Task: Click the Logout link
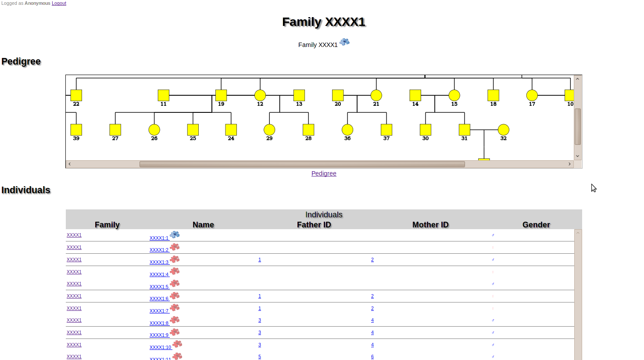59,3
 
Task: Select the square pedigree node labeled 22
76,95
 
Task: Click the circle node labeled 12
260,95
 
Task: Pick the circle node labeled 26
154,130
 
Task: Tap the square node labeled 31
464,130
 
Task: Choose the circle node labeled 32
503,130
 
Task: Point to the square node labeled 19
221,95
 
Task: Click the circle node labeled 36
347,130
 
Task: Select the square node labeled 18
493,95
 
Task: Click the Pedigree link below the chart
324,173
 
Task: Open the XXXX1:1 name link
159,238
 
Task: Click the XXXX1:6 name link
159,299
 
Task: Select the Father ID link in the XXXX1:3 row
260,260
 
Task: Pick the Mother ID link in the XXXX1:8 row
372,320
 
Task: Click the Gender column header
536,225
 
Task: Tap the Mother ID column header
430,225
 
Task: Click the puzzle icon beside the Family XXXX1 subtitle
345,42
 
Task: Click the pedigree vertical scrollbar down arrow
578,156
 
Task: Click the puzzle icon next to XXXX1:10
177,344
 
